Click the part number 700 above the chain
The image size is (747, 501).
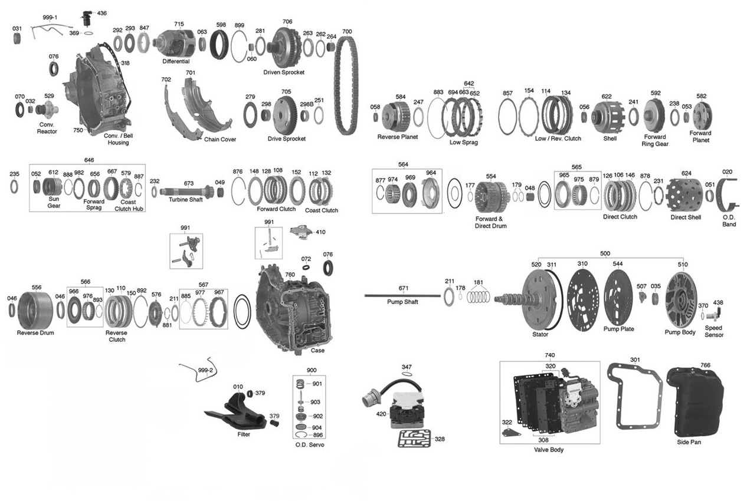point(347,31)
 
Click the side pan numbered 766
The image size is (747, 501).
point(694,401)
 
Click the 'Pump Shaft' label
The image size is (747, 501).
point(402,302)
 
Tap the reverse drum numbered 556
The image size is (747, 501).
point(36,310)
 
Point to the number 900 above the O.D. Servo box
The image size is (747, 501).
point(312,370)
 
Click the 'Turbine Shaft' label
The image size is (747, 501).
point(185,200)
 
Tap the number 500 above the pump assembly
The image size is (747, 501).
point(605,253)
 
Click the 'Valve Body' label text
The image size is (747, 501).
point(548,450)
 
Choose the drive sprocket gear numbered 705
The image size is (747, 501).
point(286,111)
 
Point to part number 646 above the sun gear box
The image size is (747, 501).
point(89,160)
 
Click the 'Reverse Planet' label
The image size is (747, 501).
point(397,137)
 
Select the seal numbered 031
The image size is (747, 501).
point(17,39)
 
